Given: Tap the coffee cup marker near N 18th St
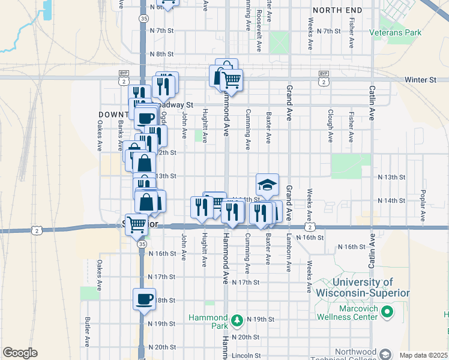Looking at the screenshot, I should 144,299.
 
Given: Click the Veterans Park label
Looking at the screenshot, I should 396,32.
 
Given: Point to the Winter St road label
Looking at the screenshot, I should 420,79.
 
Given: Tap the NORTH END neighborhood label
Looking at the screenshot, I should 337,10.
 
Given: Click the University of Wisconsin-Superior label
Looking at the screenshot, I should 362,287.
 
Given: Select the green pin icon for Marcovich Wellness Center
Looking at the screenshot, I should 388,311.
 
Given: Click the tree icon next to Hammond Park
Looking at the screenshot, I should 237,319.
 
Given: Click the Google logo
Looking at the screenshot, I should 20,353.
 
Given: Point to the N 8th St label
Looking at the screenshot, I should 161,54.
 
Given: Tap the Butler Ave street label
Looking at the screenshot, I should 88,331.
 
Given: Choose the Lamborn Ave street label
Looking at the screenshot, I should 289,254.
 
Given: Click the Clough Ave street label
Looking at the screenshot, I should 331,125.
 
